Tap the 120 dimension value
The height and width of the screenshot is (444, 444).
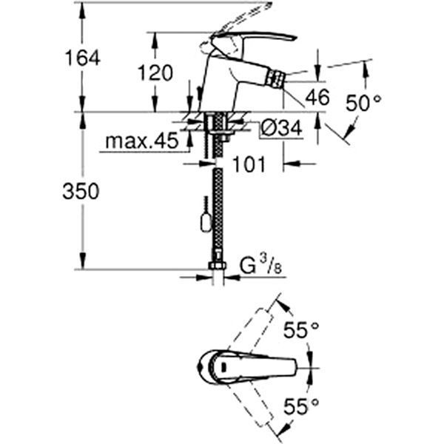(156, 73)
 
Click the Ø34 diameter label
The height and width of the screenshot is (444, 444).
(280, 129)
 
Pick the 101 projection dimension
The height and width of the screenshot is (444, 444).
(249, 164)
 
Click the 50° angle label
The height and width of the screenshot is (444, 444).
(363, 103)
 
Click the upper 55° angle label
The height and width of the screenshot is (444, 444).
(301, 330)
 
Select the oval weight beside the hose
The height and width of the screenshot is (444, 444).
(205, 220)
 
